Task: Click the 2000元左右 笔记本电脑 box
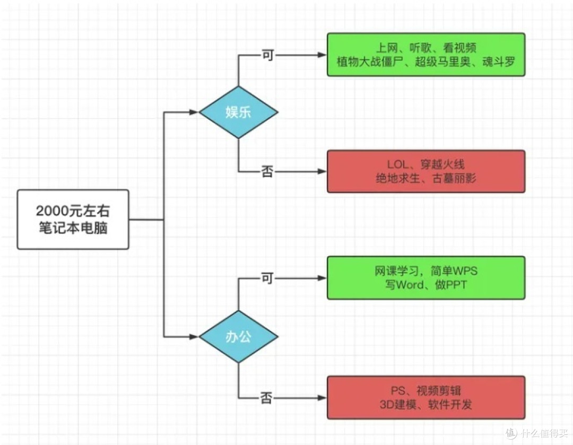[x=73, y=219]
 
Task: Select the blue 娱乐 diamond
[x=238, y=112]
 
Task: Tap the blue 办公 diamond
[x=238, y=337]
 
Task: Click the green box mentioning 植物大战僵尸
[x=426, y=55]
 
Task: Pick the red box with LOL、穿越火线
[x=426, y=171]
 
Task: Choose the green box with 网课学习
[x=426, y=278]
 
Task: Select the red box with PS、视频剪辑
[x=426, y=398]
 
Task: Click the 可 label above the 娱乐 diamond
[x=267, y=55]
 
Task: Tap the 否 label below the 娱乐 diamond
[x=267, y=172]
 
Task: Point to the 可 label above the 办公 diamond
[x=267, y=278]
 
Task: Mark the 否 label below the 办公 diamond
[x=267, y=398]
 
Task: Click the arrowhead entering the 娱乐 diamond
[x=194, y=112]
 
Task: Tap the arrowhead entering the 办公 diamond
[x=194, y=337]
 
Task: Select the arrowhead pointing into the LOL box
[x=321, y=171]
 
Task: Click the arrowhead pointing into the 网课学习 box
[x=321, y=278]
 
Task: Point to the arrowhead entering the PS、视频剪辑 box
[x=321, y=398]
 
